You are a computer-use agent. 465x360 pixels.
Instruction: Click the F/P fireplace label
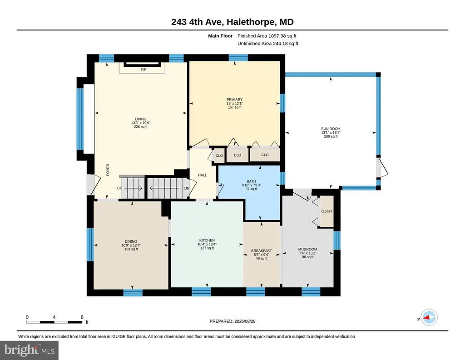click(x=143, y=70)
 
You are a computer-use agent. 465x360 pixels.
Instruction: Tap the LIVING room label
click(x=141, y=119)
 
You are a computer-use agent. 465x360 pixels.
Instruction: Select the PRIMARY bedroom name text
click(x=235, y=100)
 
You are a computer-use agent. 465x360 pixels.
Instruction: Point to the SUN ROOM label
click(x=331, y=129)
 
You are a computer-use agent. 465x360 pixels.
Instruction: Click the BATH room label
click(x=251, y=181)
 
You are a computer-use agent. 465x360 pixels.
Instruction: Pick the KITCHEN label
click(x=207, y=240)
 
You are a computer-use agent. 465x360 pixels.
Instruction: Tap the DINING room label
click(x=131, y=241)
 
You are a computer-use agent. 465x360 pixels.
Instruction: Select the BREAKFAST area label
click(x=261, y=251)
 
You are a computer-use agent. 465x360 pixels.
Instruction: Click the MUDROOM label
click(x=307, y=249)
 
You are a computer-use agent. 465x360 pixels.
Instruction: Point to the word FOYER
click(x=108, y=170)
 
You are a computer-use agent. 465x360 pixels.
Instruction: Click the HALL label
click(x=203, y=175)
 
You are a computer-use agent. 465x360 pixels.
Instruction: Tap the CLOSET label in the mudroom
click(x=326, y=211)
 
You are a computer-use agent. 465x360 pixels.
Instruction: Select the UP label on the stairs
click(x=119, y=188)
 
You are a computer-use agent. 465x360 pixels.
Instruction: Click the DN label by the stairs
click(x=187, y=189)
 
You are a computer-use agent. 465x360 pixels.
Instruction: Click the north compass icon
click(x=429, y=318)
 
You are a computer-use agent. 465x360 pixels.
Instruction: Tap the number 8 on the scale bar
click(x=82, y=317)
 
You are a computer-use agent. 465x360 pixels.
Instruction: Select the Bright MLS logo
click(x=29, y=350)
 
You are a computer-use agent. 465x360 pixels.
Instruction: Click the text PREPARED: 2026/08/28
click(x=232, y=321)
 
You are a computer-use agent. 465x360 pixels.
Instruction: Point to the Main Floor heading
click(x=220, y=36)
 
